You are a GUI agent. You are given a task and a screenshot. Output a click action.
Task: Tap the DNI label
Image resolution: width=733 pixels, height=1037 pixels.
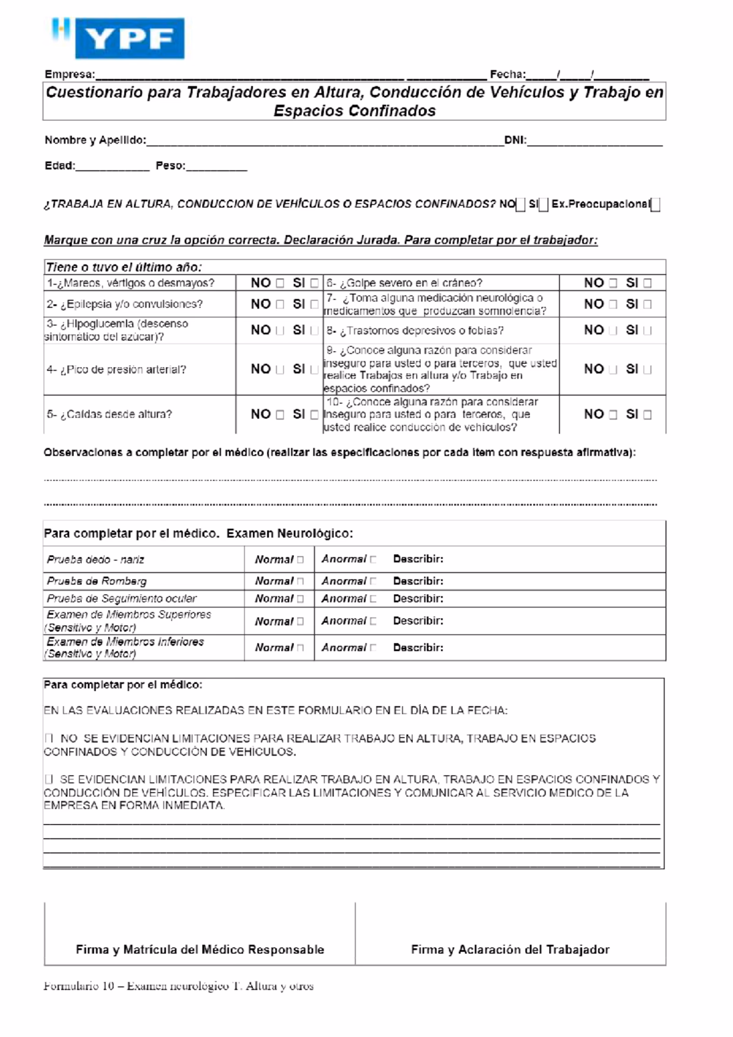click(x=515, y=140)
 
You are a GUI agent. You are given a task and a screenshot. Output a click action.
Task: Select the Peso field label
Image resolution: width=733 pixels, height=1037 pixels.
click(x=170, y=166)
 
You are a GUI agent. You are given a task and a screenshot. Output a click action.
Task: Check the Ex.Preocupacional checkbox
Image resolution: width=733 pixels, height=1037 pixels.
click(x=655, y=205)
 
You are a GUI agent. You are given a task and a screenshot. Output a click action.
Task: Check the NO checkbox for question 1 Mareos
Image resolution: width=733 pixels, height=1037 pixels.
click(x=280, y=283)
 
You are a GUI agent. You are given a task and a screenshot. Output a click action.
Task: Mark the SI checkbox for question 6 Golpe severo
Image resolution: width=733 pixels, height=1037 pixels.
click(x=647, y=283)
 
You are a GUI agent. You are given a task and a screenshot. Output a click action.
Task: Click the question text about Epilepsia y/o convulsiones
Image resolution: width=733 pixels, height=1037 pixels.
click(x=125, y=304)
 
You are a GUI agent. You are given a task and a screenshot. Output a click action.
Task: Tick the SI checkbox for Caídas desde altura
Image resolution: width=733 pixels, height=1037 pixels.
click(x=314, y=415)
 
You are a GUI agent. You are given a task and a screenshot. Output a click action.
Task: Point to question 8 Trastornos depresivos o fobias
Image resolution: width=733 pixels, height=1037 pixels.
click(x=415, y=331)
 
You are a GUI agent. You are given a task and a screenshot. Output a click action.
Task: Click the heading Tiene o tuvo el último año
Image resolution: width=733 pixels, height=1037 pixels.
click(x=124, y=267)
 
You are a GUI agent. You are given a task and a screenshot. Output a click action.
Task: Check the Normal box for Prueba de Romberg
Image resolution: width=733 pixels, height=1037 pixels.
click(x=300, y=581)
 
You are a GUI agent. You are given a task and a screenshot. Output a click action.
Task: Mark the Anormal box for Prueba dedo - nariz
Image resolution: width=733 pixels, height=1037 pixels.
click(x=373, y=559)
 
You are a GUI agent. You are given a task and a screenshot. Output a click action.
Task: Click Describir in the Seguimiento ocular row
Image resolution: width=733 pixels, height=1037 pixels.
click(x=418, y=599)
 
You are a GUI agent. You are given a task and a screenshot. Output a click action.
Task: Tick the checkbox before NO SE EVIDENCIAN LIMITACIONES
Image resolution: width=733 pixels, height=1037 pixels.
click(x=49, y=738)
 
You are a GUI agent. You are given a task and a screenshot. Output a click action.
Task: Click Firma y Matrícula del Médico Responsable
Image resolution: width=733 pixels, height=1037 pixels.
click(x=200, y=950)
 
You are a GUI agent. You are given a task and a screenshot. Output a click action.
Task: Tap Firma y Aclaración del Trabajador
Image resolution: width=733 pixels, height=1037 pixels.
click(x=510, y=950)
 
